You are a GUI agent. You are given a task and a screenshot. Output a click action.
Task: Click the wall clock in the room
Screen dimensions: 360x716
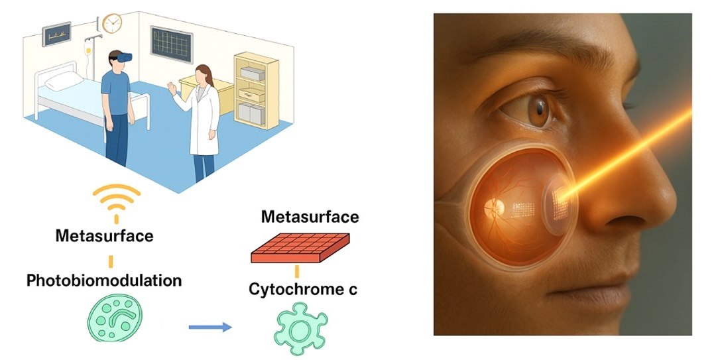coord(113,23)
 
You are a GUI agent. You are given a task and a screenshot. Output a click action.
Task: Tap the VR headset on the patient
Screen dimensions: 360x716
coord(121,58)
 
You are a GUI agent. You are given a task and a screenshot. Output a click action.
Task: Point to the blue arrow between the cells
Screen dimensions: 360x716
coord(210,326)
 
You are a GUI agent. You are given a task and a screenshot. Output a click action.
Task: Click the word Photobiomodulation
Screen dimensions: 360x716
coord(104,280)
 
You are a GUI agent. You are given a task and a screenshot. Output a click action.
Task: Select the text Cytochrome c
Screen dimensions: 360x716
coord(303,290)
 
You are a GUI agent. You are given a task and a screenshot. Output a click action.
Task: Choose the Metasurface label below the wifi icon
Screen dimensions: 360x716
coord(105,235)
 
